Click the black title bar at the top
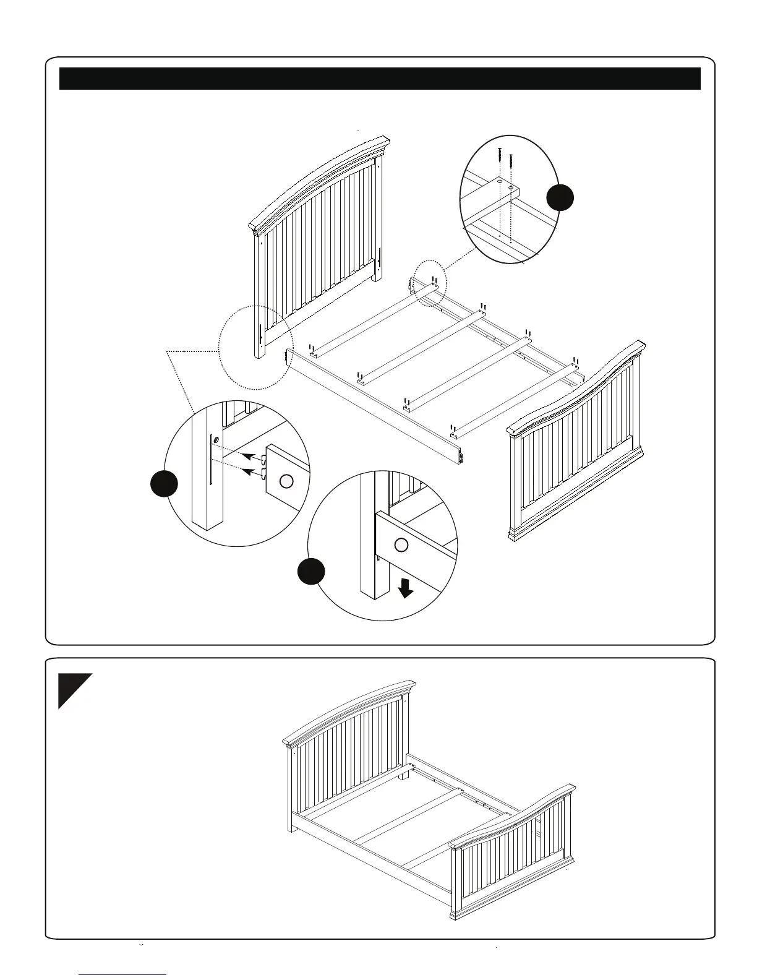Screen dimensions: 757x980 click(x=379, y=79)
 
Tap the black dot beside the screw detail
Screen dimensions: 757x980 click(x=560, y=197)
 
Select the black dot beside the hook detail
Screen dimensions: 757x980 click(x=165, y=484)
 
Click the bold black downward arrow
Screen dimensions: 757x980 click(x=406, y=588)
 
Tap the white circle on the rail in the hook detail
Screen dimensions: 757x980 click(x=286, y=481)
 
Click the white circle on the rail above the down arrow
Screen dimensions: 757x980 click(x=401, y=545)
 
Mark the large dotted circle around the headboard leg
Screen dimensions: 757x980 click(x=255, y=348)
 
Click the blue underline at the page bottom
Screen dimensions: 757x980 click(x=123, y=974)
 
